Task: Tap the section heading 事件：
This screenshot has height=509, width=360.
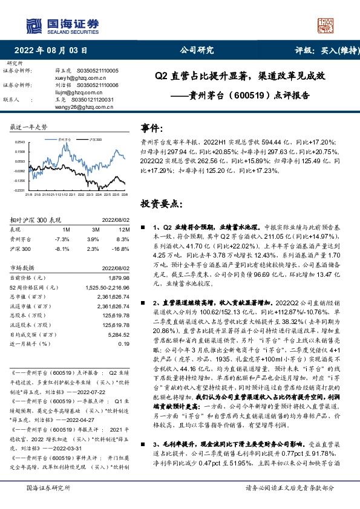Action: (x=152, y=128)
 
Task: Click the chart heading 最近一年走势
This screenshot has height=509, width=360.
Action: (x=28, y=127)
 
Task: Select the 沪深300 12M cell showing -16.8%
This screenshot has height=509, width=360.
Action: (x=120, y=247)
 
